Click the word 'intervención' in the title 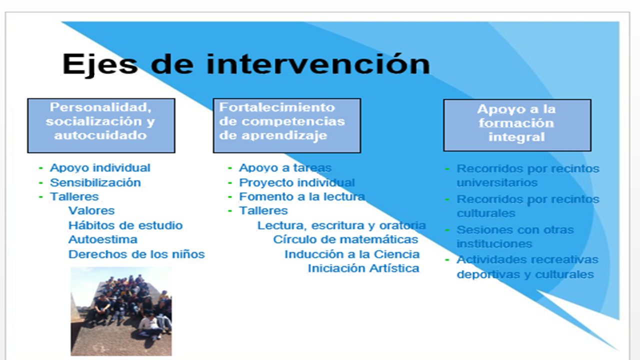tap(318, 64)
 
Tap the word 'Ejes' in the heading tap(100, 65)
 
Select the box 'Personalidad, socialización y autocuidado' tap(101, 125)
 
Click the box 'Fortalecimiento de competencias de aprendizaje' tap(287, 125)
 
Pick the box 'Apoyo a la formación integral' tap(517, 125)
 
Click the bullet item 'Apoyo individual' tap(100, 168)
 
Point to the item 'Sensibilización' tap(95, 182)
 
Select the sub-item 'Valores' tap(91, 210)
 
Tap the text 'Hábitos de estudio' tap(125, 225)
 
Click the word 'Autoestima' tap(103, 239)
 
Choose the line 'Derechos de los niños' tap(136, 254)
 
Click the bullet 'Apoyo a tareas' tap(285, 168)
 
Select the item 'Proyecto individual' tap(297, 182)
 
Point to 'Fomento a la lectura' tap(302, 196)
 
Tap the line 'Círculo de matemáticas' tap(345, 239)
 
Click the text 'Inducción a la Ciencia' tap(352, 254)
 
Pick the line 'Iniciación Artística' tap(363, 268)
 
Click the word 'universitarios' tap(497, 182)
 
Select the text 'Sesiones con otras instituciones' tap(515, 237)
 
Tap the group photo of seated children tap(121, 311)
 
